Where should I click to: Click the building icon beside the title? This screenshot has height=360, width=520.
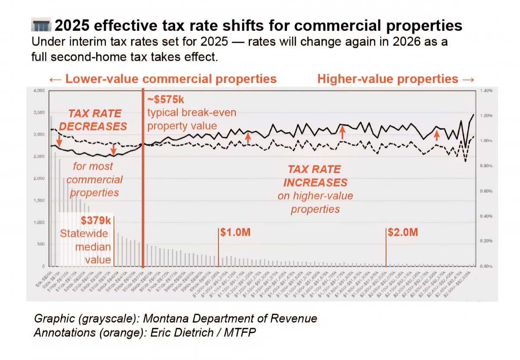point(42,26)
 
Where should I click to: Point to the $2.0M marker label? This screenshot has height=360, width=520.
point(403,232)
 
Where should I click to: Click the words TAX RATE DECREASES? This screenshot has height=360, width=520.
point(93,120)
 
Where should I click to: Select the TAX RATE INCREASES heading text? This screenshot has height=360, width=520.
point(315,175)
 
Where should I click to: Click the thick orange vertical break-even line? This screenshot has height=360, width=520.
point(143,182)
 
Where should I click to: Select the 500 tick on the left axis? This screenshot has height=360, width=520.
point(41,245)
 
